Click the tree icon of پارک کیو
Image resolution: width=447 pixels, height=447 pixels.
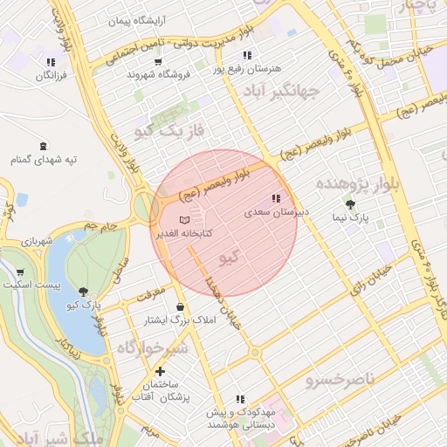pyautogui.click(x=84, y=292)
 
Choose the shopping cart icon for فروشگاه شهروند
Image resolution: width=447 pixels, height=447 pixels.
pyautogui.click(x=157, y=62)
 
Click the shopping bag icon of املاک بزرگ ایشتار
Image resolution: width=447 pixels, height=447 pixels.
pyautogui.click(x=181, y=307)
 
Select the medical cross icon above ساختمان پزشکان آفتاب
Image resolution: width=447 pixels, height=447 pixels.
pyautogui.click(x=160, y=372)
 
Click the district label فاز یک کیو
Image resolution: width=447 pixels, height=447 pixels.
pyautogui.click(x=169, y=132)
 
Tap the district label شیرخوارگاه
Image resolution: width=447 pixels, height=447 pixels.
pyautogui.click(x=152, y=348)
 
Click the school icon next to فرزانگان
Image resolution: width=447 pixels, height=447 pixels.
pyautogui.click(x=52, y=62)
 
